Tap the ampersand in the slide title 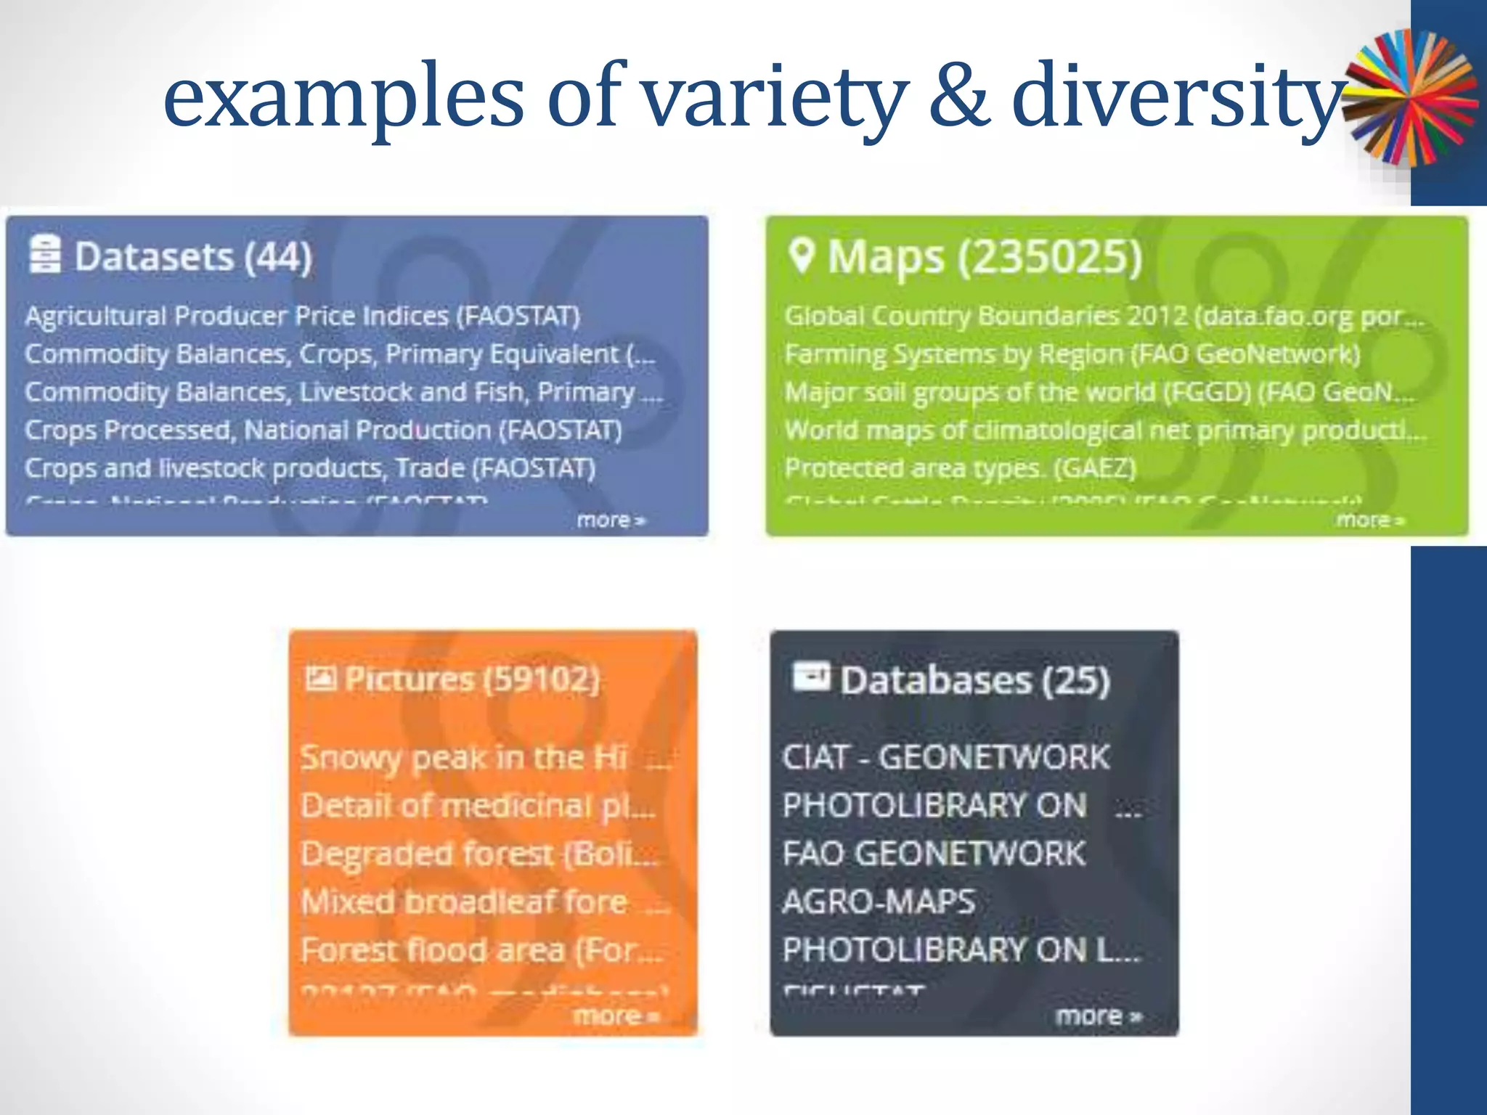[x=959, y=98]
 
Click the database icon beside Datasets [x=45, y=254]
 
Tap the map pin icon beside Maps [x=801, y=256]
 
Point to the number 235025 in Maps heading [x=1048, y=257]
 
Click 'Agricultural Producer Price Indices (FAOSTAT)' [x=302, y=316]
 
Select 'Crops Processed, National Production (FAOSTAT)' [x=323, y=430]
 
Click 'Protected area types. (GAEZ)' [x=960, y=468]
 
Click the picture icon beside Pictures [x=320, y=678]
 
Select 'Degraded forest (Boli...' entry [x=479, y=854]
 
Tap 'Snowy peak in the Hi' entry [x=465, y=758]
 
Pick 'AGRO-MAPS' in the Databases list [x=879, y=902]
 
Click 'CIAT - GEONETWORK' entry [x=945, y=758]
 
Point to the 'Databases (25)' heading [x=974, y=681]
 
